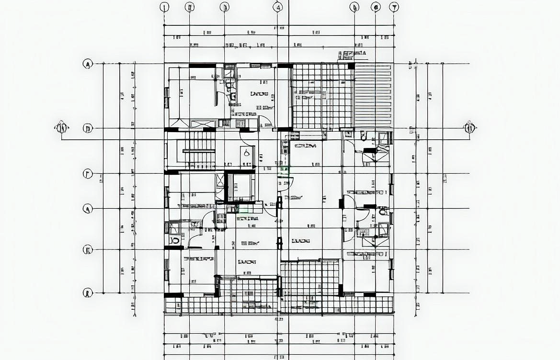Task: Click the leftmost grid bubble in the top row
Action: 164,7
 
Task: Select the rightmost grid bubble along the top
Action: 394,7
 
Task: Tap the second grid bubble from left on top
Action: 190,7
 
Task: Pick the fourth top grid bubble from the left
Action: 278,7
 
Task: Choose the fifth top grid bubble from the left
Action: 354,7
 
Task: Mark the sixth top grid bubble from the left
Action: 376,7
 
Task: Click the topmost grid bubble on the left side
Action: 87,64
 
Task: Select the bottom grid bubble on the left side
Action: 87,293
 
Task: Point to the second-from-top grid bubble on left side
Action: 87,128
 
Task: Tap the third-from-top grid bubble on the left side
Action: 87,174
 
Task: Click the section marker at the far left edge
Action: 61,128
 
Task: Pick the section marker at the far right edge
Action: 469,127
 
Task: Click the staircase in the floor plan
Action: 199,150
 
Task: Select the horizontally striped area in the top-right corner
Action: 373,96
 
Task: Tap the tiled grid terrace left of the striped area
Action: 322,96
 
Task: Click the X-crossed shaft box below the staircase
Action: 241,188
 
